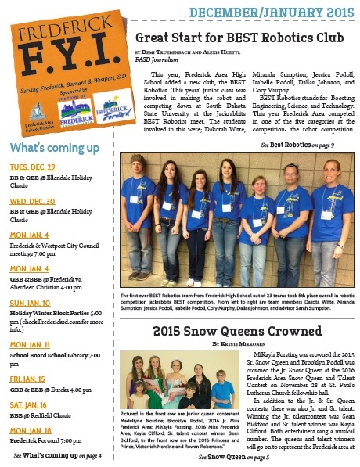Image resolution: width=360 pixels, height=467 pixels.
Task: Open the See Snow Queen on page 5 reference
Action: [x=235, y=457]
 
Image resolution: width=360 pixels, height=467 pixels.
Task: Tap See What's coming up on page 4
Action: [x=58, y=454]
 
